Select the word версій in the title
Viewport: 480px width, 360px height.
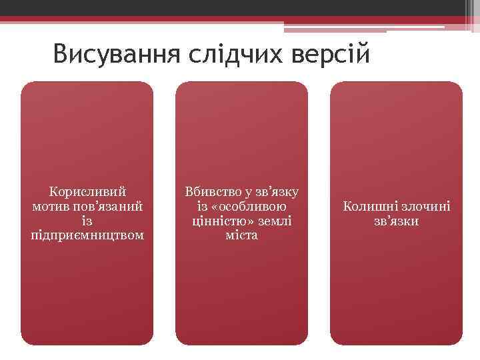pos(331,54)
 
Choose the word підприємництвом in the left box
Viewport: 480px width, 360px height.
pos(87,236)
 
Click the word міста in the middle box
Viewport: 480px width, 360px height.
pos(241,236)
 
